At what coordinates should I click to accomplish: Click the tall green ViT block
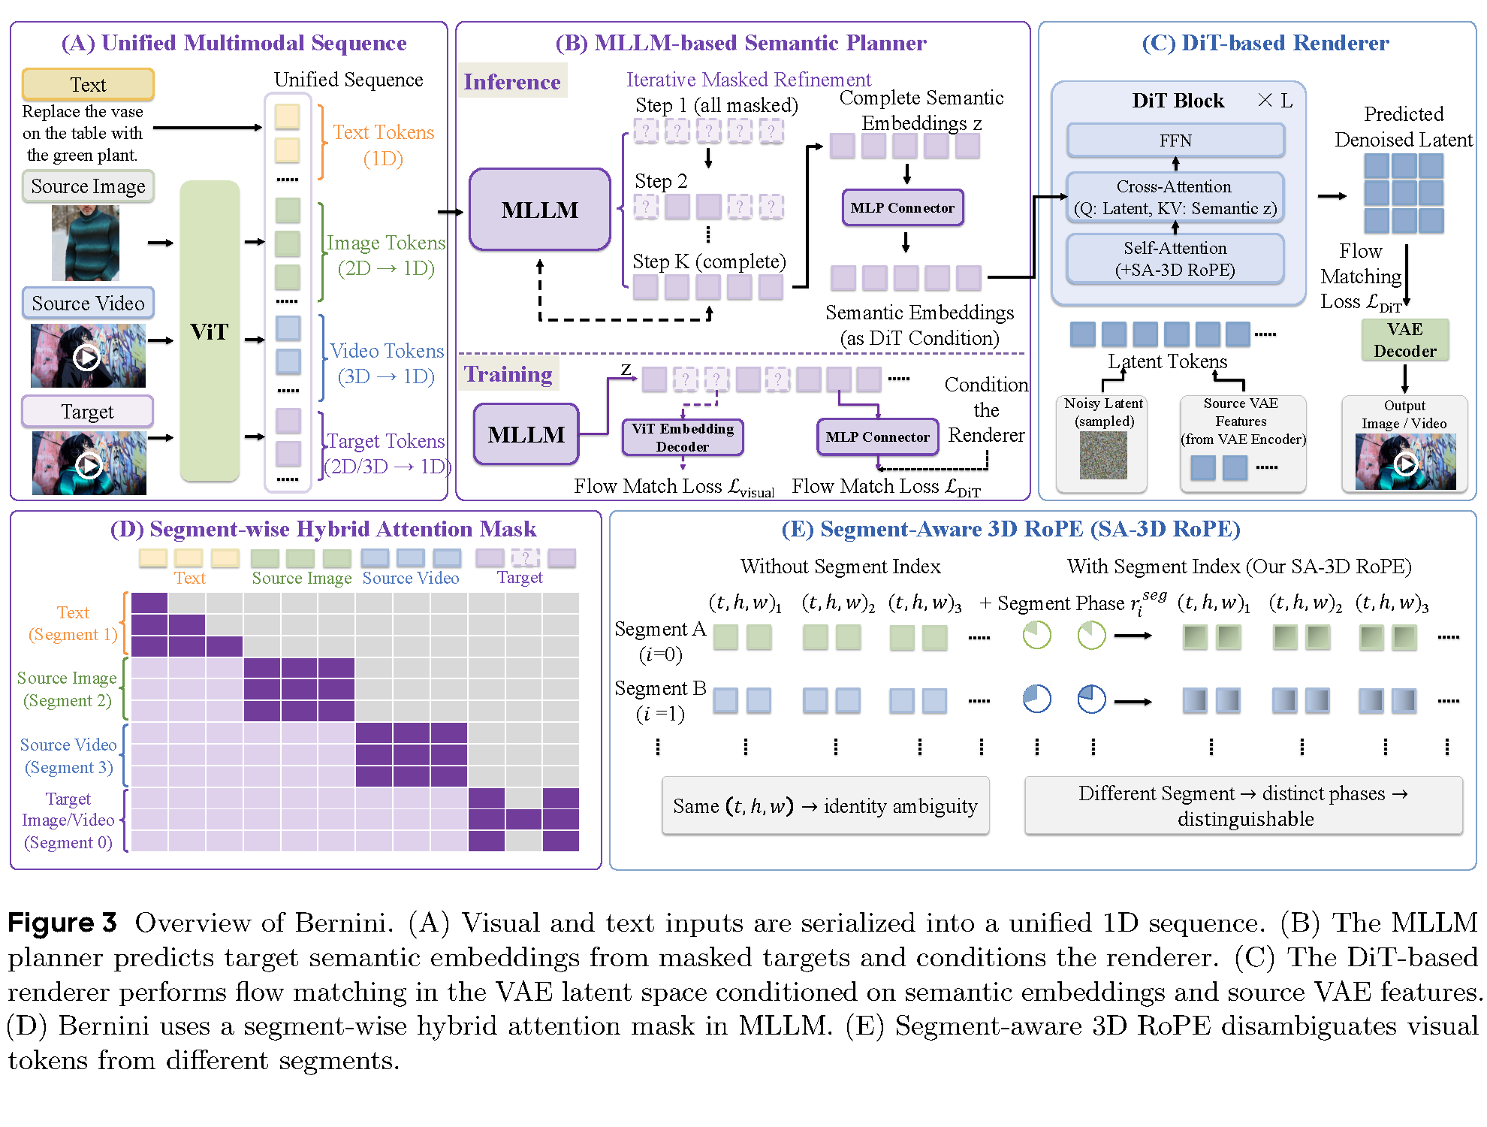click(x=210, y=331)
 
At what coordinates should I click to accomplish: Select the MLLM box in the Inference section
click(x=540, y=210)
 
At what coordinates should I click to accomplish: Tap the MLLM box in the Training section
click(x=526, y=434)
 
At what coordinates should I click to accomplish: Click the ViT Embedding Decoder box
click(x=683, y=437)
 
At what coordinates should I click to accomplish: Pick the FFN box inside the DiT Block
click(x=1175, y=140)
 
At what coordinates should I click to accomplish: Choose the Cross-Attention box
click(x=1175, y=198)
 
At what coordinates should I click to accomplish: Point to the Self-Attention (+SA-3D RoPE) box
click(x=1175, y=259)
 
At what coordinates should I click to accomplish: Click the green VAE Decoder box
click(x=1405, y=340)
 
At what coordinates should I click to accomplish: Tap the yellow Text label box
click(x=88, y=84)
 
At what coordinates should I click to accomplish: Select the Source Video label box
click(x=88, y=304)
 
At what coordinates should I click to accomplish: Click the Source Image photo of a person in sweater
click(x=85, y=243)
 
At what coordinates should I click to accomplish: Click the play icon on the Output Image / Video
click(x=1405, y=465)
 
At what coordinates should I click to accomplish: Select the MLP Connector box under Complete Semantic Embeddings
click(x=903, y=208)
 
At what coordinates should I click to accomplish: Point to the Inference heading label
click(x=512, y=81)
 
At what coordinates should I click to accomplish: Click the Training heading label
click(x=508, y=373)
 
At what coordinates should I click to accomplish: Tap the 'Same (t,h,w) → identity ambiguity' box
click(x=825, y=806)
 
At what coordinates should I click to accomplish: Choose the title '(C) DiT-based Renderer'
click(x=1265, y=43)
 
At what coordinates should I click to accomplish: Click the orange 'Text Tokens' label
click(x=383, y=132)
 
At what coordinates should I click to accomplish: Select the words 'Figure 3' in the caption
click(x=62, y=923)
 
